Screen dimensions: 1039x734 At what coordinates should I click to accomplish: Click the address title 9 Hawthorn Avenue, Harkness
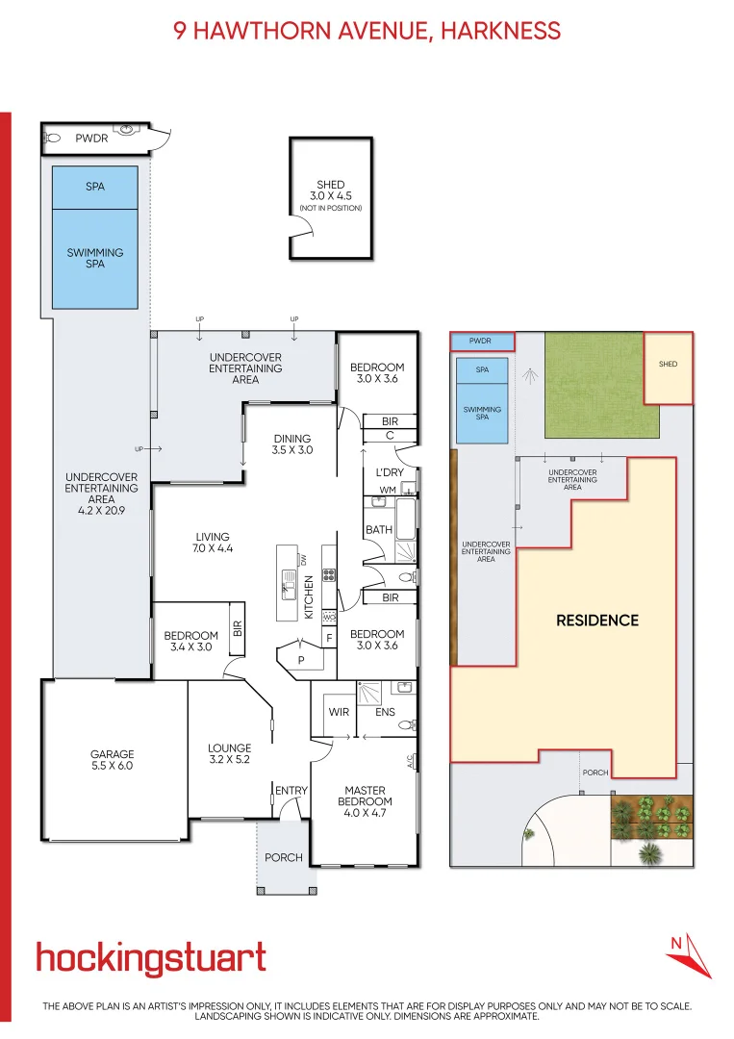point(367,31)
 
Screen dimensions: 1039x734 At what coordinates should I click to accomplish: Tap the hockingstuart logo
point(151,958)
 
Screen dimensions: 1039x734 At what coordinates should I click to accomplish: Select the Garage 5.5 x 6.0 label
point(113,760)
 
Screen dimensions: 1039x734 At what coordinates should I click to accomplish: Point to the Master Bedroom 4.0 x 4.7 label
point(365,796)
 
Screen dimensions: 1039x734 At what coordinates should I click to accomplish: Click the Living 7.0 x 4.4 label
point(212,543)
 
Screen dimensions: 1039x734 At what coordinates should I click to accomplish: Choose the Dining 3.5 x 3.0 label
point(292,443)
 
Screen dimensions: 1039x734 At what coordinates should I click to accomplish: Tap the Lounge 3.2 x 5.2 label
point(229,753)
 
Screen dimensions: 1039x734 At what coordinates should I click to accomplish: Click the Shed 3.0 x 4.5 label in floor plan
point(330,194)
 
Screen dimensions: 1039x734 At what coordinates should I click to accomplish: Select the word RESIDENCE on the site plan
point(596,621)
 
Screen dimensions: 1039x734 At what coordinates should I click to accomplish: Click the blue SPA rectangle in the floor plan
point(95,187)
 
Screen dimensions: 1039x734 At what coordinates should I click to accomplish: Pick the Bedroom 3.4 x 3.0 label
point(190,641)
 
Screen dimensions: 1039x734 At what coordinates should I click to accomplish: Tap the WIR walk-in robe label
point(338,713)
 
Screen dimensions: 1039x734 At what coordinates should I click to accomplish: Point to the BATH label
point(377,530)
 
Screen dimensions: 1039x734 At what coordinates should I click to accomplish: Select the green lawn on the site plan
point(593,386)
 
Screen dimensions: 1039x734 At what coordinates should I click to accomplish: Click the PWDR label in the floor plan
point(91,139)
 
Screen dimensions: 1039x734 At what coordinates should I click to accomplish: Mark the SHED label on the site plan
point(668,365)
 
